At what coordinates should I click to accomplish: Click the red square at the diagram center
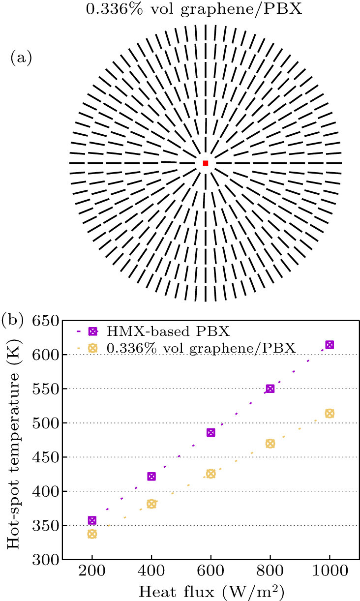[x=206, y=163]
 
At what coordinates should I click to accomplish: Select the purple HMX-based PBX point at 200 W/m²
[x=92, y=520]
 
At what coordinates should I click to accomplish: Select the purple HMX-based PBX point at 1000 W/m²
[x=330, y=345]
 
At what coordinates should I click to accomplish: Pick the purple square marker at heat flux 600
[x=211, y=432]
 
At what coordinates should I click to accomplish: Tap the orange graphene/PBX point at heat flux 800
[x=270, y=444]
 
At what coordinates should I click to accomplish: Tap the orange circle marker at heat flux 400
[x=151, y=504]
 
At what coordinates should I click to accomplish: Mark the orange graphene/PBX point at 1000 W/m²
[x=330, y=414]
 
